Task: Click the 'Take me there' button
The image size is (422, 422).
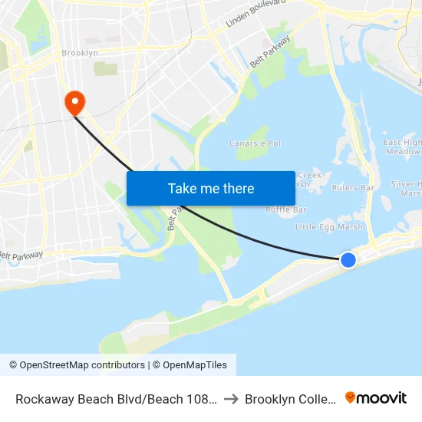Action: coord(210,188)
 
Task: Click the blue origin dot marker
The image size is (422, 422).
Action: coord(348,260)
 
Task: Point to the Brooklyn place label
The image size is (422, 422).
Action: coord(80,53)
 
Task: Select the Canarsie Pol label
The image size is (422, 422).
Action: coord(256,143)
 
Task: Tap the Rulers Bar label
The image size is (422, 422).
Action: coord(353,187)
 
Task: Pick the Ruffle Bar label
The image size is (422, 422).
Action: coord(286,210)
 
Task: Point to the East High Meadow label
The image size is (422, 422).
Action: coord(403,147)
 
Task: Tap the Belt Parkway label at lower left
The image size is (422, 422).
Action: coord(21,256)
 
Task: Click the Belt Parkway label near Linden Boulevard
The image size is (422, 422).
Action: coord(269,51)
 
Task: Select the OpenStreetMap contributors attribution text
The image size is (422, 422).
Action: coord(77,365)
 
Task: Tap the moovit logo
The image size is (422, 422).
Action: coord(376,397)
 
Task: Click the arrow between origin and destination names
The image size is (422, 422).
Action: coord(231,399)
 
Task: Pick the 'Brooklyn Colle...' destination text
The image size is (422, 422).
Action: coord(290,399)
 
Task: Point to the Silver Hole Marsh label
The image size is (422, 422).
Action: coord(406,188)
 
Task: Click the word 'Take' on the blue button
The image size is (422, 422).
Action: coord(183,188)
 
